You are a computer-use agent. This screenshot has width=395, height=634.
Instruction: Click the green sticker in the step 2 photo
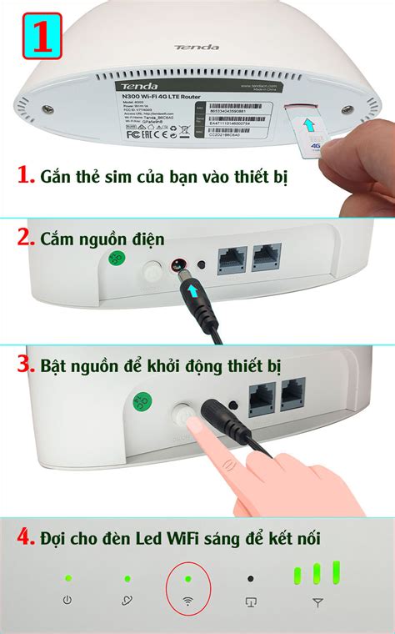(117, 261)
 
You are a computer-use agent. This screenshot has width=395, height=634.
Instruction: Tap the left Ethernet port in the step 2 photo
(231, 260)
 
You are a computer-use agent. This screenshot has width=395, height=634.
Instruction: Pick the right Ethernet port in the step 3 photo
(292, 394)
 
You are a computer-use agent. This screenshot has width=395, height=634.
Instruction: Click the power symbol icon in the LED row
(67, 601)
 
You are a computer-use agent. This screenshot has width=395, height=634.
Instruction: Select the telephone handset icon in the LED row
(127, 601)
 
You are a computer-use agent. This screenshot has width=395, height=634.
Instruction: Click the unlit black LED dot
(250, 578)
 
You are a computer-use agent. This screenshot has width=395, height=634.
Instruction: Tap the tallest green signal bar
(337, 572)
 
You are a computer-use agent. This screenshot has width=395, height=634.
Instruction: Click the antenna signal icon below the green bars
(317, 601)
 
